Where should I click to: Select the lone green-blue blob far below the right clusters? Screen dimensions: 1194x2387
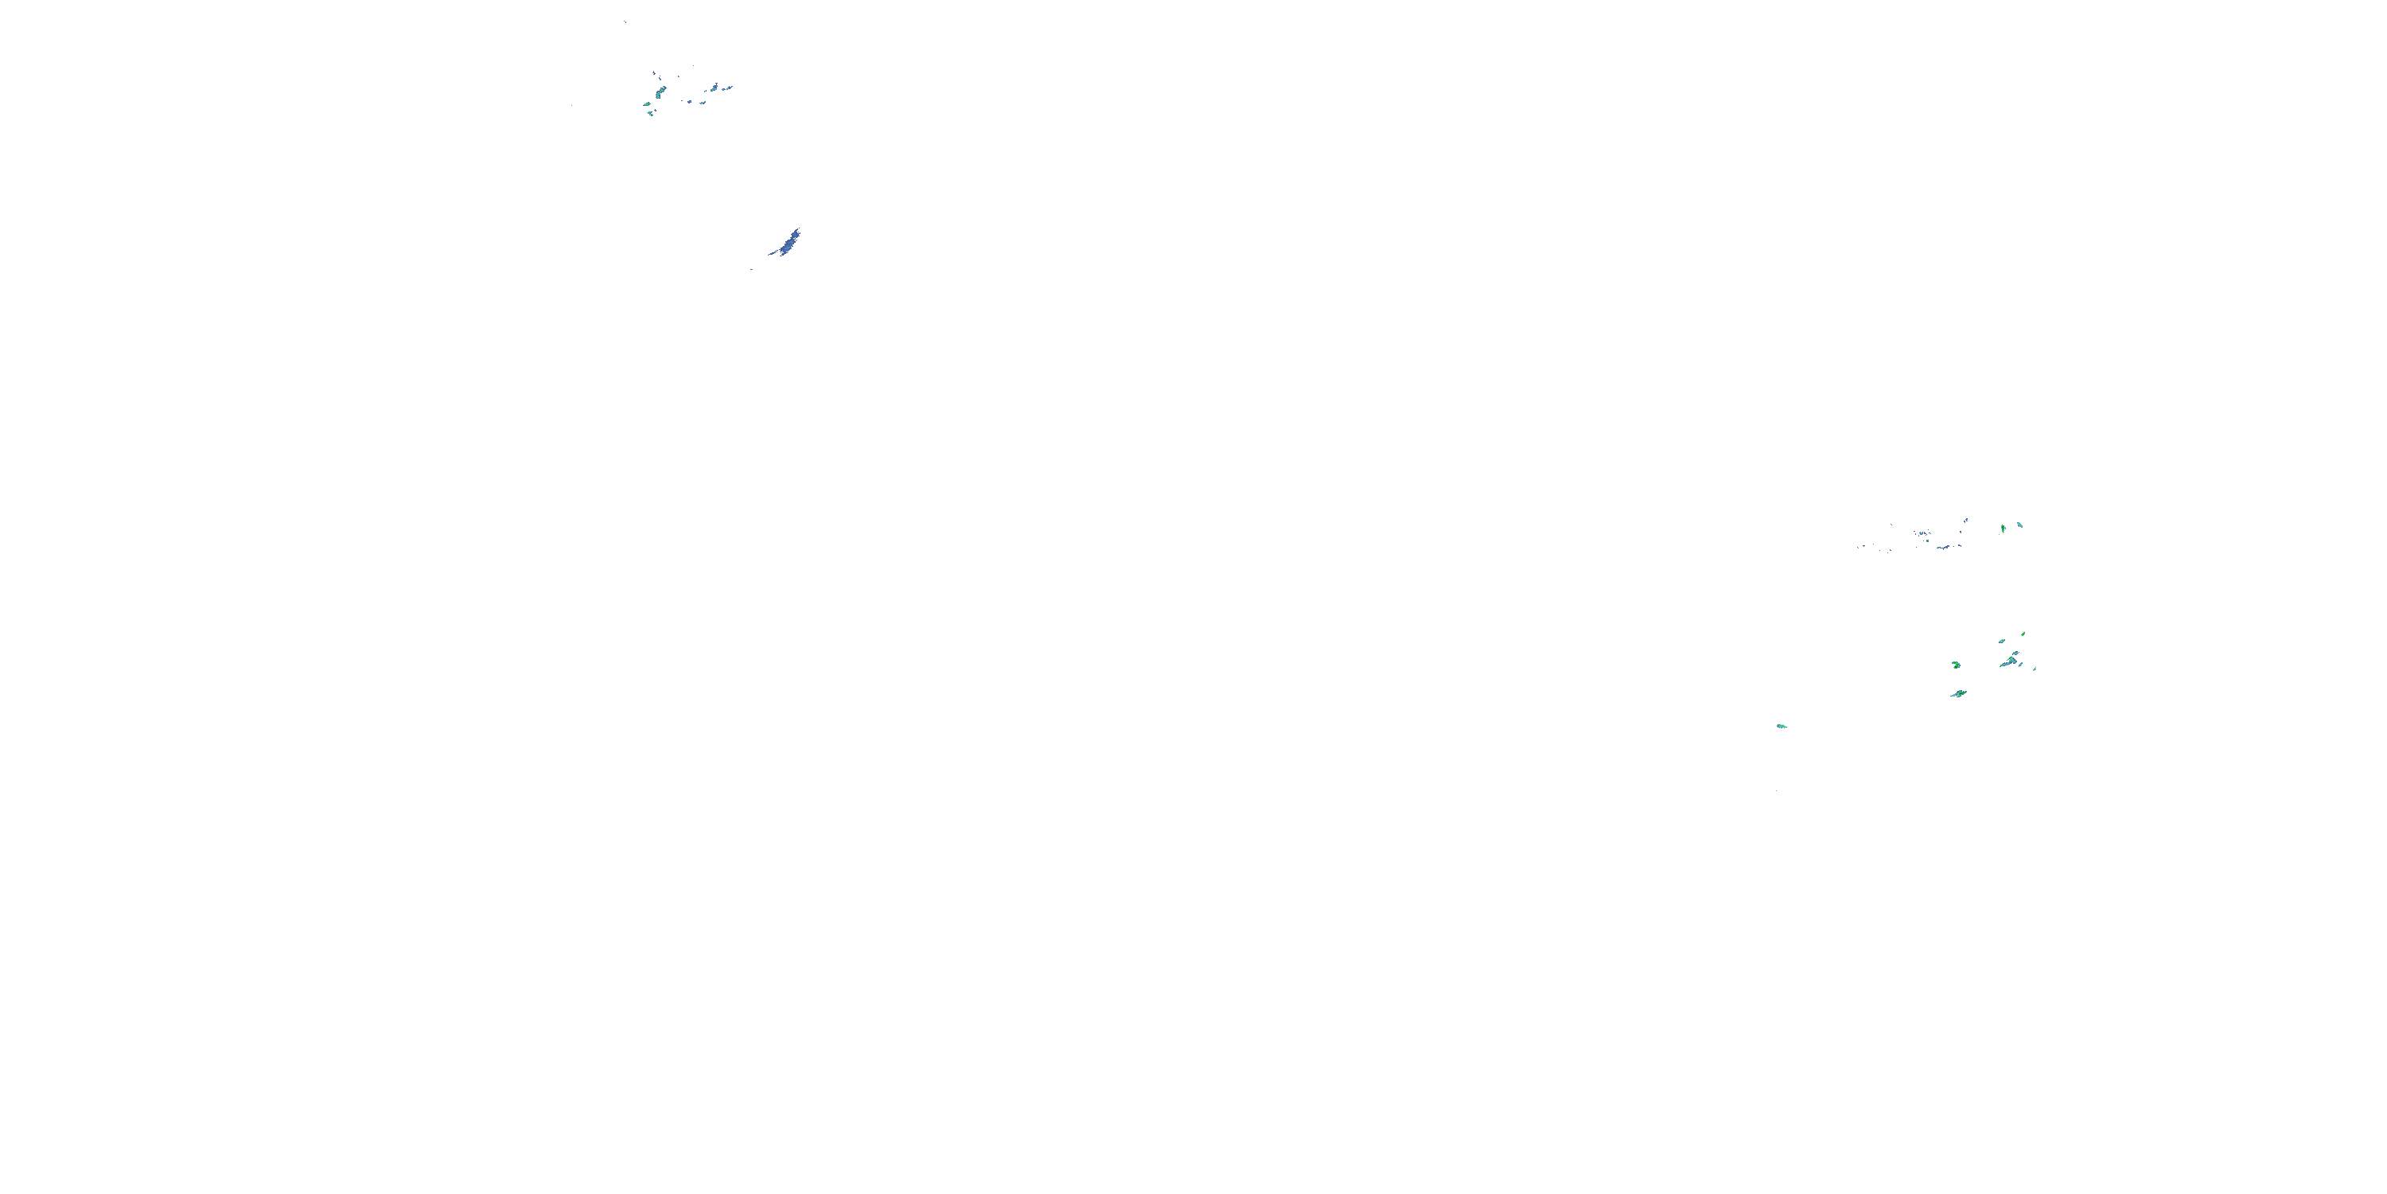point(1780,726)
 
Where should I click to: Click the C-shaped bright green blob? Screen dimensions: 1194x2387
point(1956,665)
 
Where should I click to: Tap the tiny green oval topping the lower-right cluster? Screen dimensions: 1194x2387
point(2023,634)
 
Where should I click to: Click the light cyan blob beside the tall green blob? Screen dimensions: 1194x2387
point(2020,525)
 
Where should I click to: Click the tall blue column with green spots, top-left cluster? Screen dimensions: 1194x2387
point(660,92)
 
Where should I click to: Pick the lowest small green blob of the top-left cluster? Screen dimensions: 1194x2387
point(651,114)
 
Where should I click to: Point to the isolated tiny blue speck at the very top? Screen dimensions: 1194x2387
point(625,22)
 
